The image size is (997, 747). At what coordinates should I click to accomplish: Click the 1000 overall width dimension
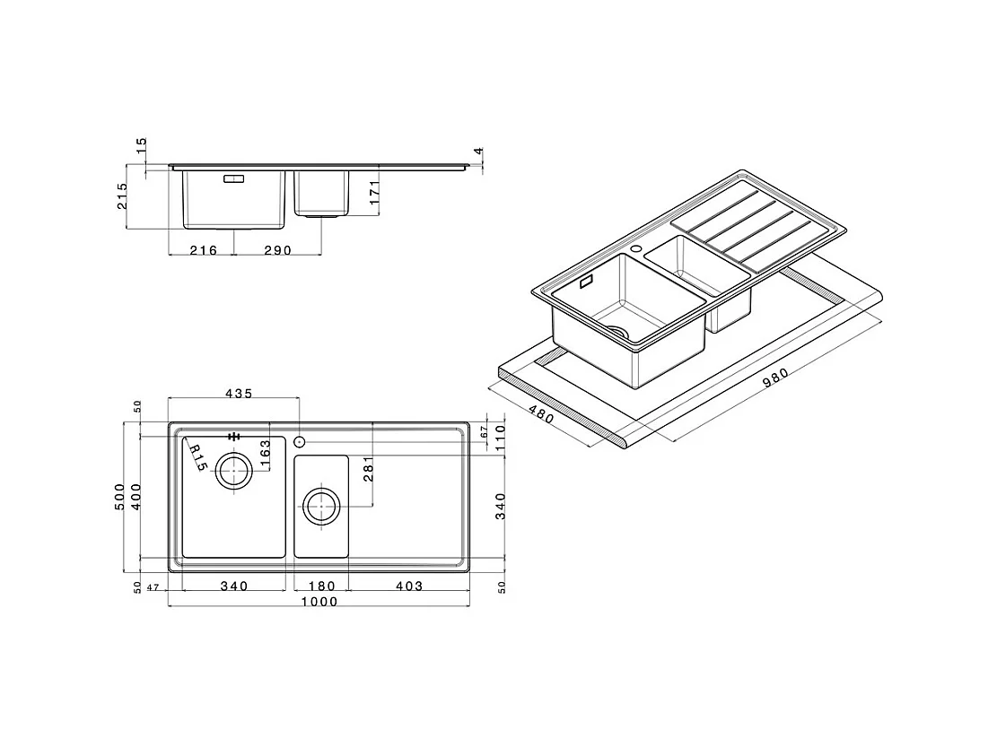(x=319, y=602)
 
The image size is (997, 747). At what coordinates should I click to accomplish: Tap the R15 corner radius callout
(x=197, y=456)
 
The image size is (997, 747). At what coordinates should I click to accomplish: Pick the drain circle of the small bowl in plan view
(x=320, y=507)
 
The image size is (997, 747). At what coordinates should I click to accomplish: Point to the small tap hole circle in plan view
(x=299, y=441)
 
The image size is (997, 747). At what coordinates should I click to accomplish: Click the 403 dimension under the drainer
(x=407, y=586)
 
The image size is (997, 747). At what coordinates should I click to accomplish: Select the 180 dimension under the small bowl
(x=321, y=586)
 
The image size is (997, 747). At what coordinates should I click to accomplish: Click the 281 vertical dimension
(x=368, y=469)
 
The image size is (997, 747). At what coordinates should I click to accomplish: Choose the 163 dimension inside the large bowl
(x=265, y=452)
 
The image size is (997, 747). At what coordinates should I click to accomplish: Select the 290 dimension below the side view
(x=277, y=250)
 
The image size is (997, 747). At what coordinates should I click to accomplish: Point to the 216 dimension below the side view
(x=203, y=250)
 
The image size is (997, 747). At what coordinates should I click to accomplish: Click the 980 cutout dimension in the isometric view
(x=774, y=379)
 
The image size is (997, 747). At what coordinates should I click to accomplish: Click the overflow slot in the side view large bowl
(x=233, y=178)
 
